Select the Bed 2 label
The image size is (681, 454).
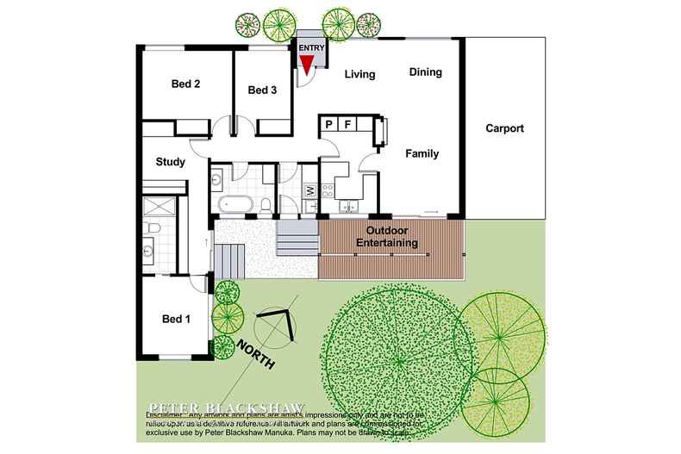pyautogui.click(x=185, y=84)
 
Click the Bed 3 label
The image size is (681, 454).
pyautogui.click(x=261, y=90)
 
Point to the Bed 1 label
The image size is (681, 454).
pyautogui.click(x=176, y=319)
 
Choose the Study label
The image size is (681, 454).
pyautogui.click(x=171, y=162)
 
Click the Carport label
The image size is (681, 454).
pyautogui.click(x=504, y=129)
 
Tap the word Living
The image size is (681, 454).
pyautogui.click(x=359, y=75)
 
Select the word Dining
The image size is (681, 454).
pyautogui.click(x=425, y=72)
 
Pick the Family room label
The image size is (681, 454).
pyautogui.click(x=422, y=154)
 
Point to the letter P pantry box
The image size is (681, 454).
pyautogui.click(x=329, y=126)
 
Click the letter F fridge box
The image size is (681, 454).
pyautogui.click(x=347, y=126)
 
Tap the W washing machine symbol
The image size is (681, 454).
pyautogui.click(x=309, y=190)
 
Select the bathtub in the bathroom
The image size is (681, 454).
pyautogui.click(x=234, y=204)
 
